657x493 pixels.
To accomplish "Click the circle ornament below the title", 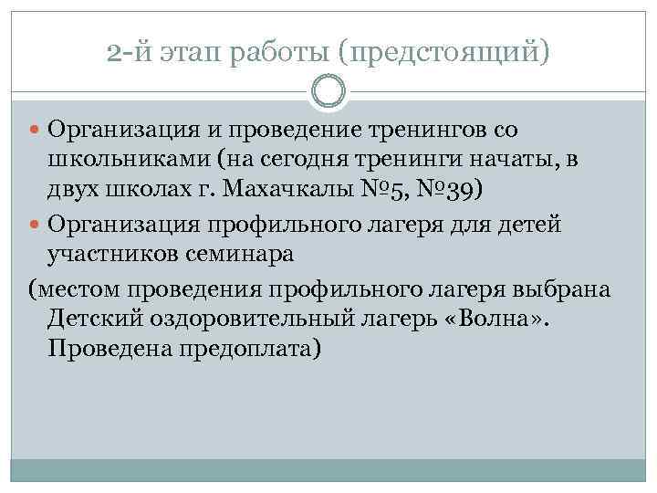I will tap(328, 91).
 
